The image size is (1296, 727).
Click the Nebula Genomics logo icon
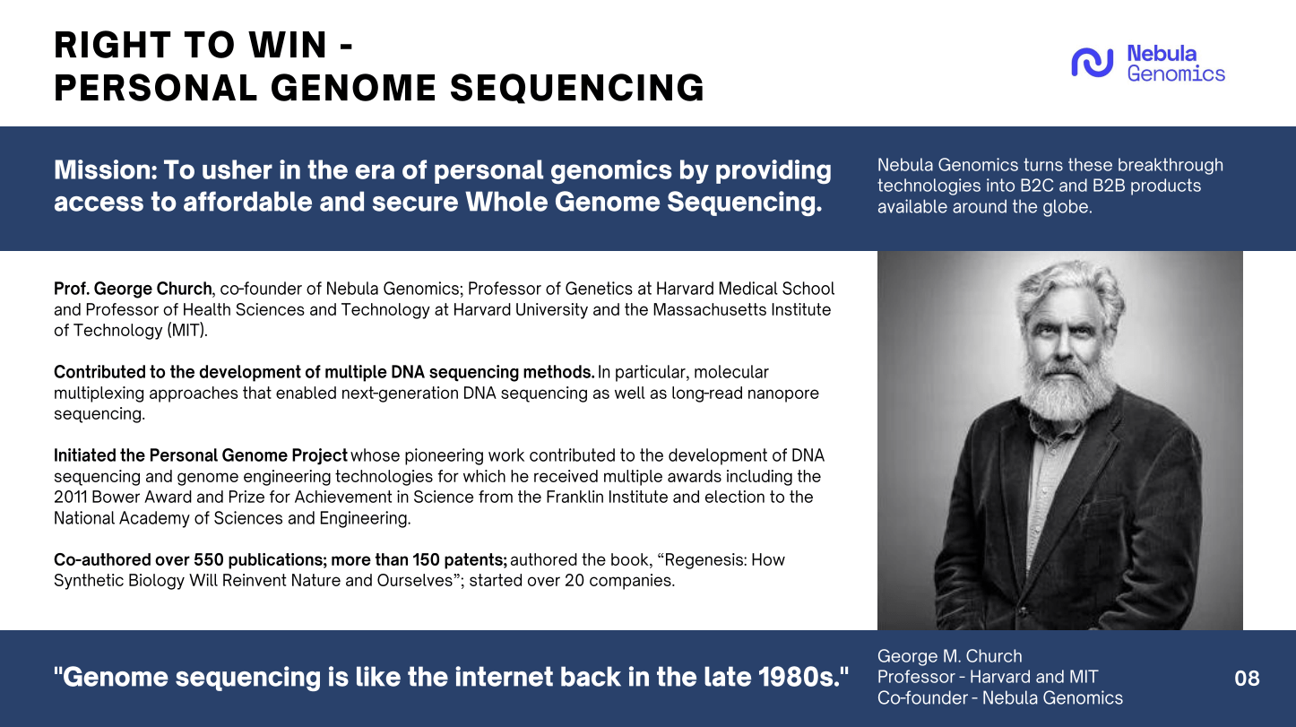(x=1092, y=63)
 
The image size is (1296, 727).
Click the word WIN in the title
(x=288, y=45)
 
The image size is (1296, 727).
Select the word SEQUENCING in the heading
(x=577, y=88)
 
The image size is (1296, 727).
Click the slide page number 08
(x=1247, y=678)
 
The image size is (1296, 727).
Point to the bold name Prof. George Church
(x=133, y=289)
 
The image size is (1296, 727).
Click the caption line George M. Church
(x=949, y=656)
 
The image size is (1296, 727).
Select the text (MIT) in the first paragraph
(x=187, y=331)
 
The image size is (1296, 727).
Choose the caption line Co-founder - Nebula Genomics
(x=999, y=698)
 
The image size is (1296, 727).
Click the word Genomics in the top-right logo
(x=1176, y=74)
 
